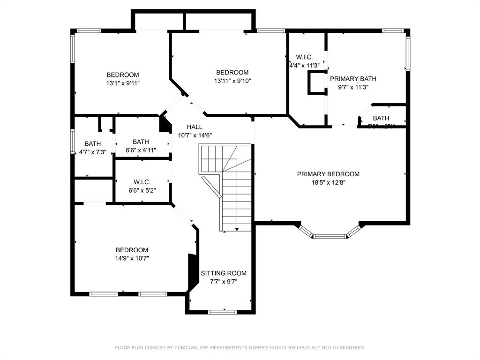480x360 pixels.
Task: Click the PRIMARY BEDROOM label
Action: pyautogui.click(x=328, y=174)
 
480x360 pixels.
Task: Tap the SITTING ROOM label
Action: pyautogui.click(x=224, y=273)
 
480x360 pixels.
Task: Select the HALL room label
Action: pyautogui.click(x=195, y=127)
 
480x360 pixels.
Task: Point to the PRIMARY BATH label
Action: pyautogui.click(x=353, y=79)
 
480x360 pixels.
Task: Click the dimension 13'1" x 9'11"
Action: pyautogui.click(x=123, y=83)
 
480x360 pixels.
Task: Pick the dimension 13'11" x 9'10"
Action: pyautogui.click(x=232, y=81)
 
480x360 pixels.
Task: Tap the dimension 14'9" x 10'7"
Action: pyautogui.click(x=132, y=258)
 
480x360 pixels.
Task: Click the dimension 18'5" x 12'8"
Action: pyautogui.click(x=328, y=182)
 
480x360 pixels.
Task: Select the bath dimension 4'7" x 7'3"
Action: pyautogui.click(x=92, y=152)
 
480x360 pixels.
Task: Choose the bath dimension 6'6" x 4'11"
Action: pyautogui.click(x=141, y=150)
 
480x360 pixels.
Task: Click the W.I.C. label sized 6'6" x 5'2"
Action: pyautogui.click(x=142, y=182)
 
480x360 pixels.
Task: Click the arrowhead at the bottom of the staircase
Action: pyautogui.click(x=237, y=229)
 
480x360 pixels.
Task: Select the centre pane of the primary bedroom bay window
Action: pyautogui.click(x=330, y=236)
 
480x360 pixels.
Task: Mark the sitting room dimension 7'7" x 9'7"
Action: pyautogui.click(x=224, y=282)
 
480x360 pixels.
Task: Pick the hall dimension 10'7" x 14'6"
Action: pyautogui.click(x=195, y=135)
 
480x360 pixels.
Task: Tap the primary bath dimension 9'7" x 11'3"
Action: pyautogui.click(x=353, y=87)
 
